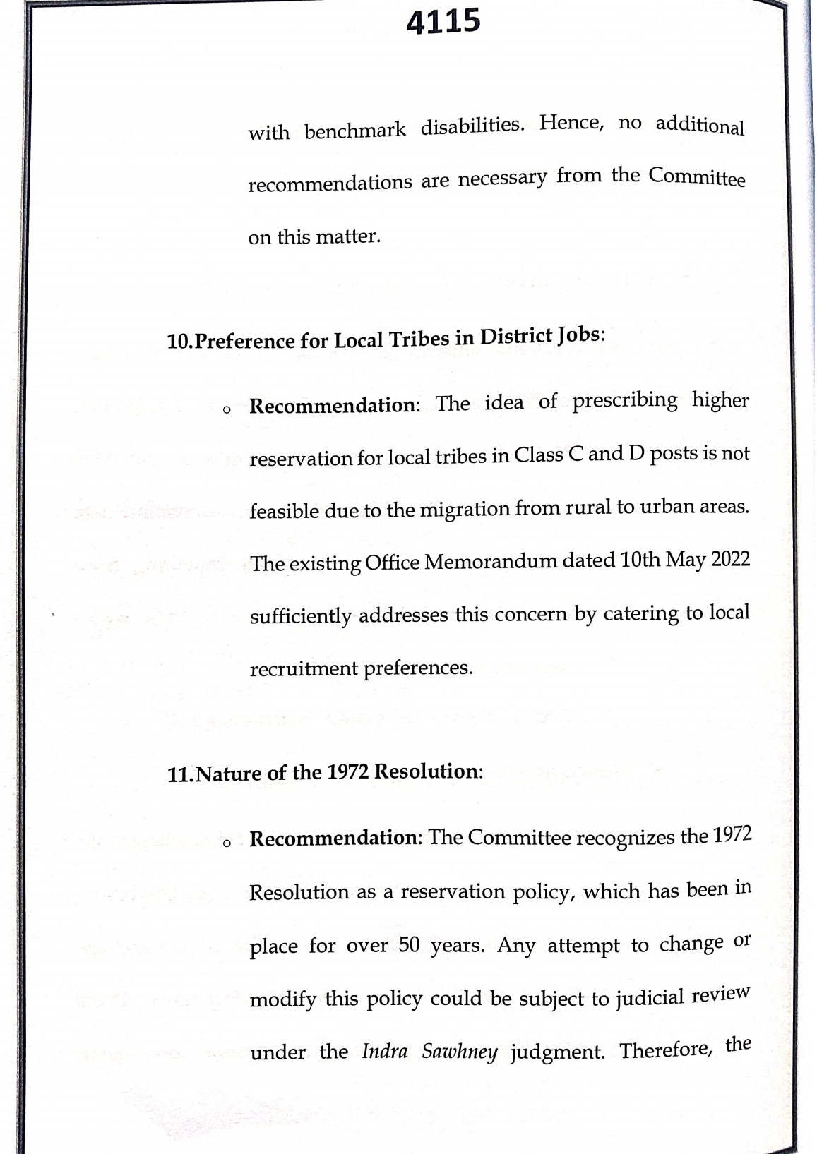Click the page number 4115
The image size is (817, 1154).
pos(443,22)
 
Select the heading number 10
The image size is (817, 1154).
pos(178,342)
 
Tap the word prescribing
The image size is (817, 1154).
pos(624,401)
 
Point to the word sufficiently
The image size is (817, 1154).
pos(300,616)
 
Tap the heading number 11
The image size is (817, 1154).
pos(179,775)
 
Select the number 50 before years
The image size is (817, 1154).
pos(409,944)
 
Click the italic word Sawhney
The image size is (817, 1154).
pos(459,1052)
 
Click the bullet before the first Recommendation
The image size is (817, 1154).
pos(226,409)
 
